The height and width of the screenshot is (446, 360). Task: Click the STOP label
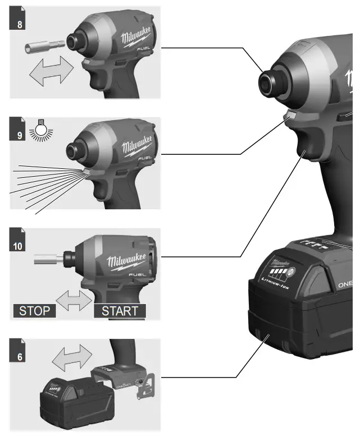click(x=34, y=311)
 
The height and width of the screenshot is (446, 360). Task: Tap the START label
click(x=119, y=311)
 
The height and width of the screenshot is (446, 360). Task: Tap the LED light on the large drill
click(x=290, y=117)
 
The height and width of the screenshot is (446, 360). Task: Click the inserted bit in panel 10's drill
click(x=51, y=260)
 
